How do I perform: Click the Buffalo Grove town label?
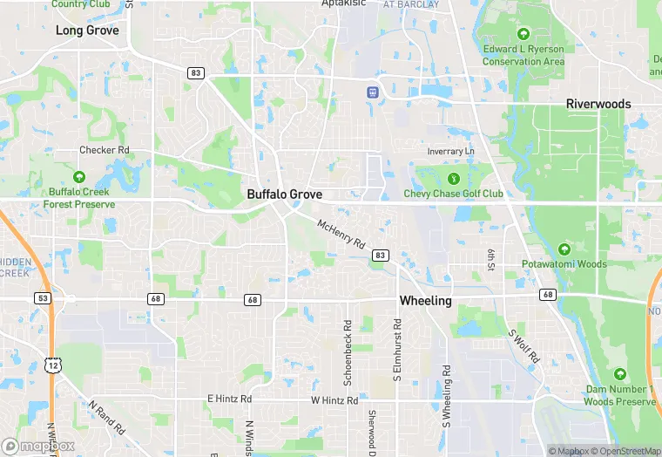(284, 194)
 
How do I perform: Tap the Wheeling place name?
(425, 301)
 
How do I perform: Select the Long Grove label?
(87, 31)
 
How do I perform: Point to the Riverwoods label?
(598, 104)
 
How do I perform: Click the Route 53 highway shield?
(43, 298)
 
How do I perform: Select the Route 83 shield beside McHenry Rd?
(380, 255)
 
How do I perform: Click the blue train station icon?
(373, 92)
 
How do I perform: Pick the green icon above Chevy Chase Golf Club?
(452, 178)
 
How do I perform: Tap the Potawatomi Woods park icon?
(564, 249)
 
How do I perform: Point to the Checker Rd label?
(105, 150)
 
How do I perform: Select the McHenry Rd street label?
(341, 235)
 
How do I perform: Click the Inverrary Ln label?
(451, 152)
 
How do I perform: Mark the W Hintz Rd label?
(334, 400)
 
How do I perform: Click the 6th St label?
(491, 259)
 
